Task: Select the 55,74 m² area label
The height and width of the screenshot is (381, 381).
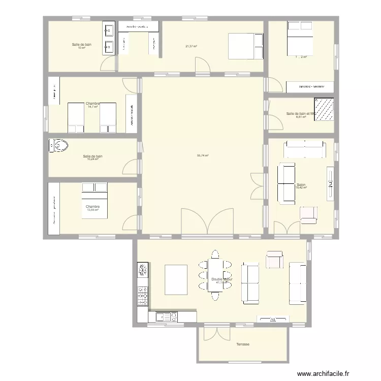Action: pos(203,156)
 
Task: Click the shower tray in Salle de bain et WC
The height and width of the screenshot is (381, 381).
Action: pos(325,110)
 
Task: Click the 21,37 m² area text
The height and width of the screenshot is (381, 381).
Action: pos(191,46)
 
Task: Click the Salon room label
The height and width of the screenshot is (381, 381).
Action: pos(301,185)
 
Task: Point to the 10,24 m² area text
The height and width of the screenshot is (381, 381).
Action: pos(92,159)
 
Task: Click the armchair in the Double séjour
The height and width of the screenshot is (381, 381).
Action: pos(275,259)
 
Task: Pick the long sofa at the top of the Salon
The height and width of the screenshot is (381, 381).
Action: pos(304,150)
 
